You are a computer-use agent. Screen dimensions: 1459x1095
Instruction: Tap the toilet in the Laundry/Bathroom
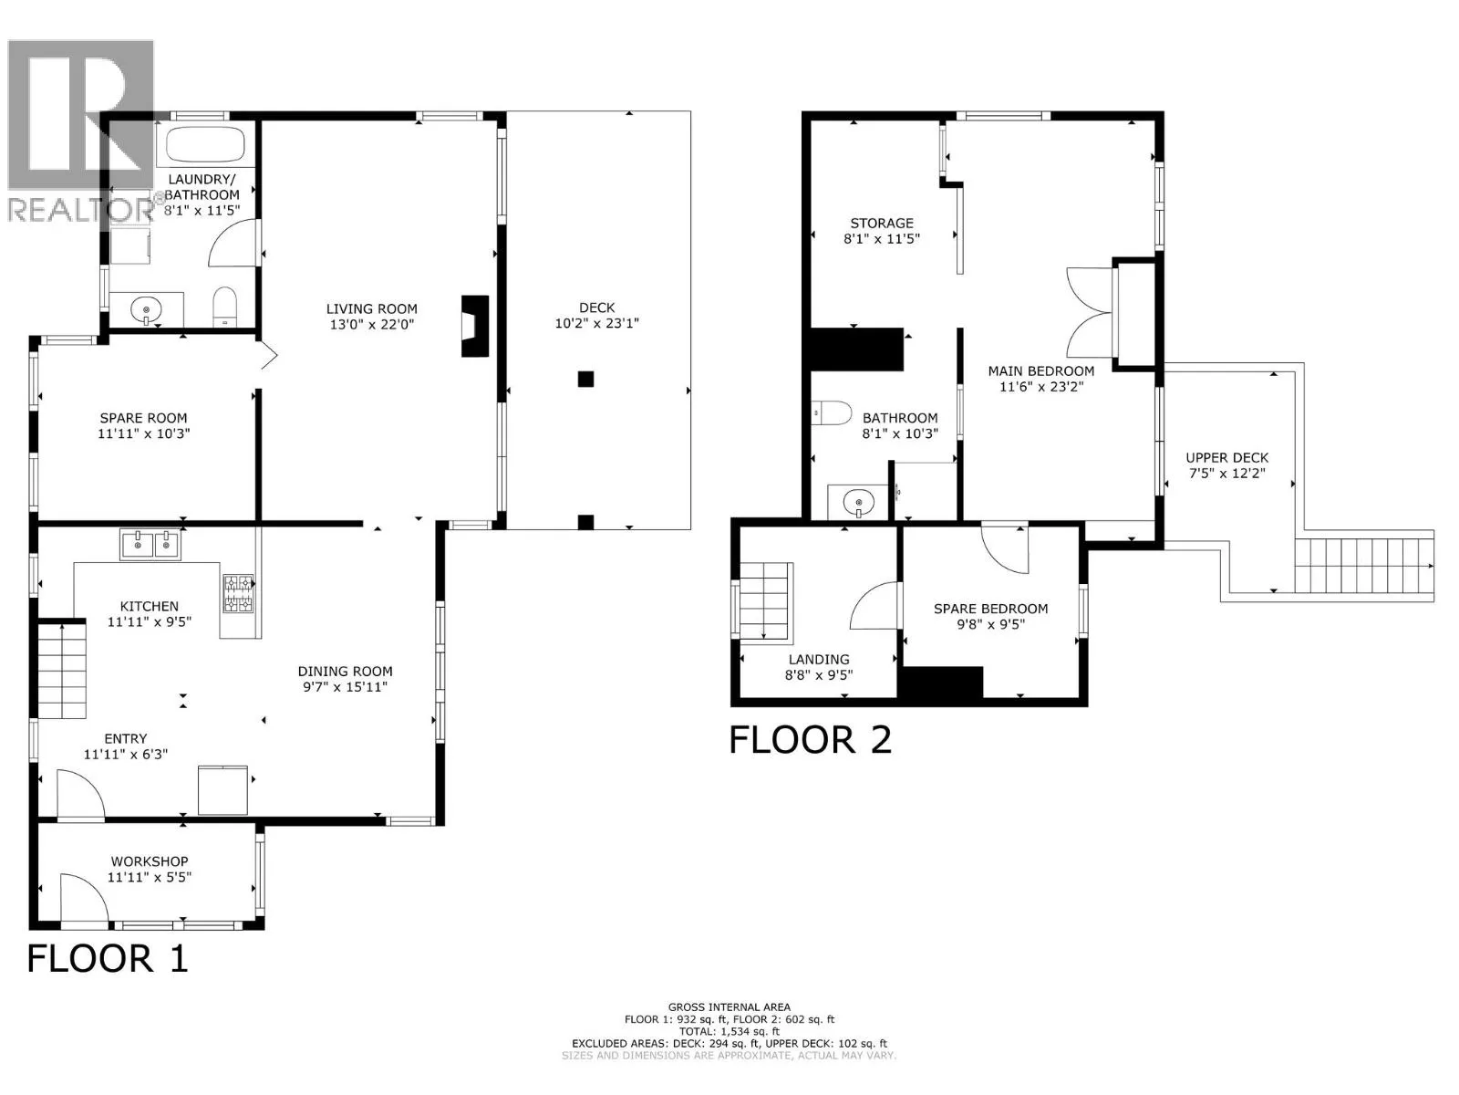(224, 307)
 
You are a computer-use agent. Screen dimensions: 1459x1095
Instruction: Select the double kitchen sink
(150, 545)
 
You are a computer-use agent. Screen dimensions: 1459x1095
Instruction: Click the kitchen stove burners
(239, 593)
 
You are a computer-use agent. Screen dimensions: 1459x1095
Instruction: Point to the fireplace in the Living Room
(475, 327)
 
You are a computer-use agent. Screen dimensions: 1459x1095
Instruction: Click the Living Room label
(371, 308)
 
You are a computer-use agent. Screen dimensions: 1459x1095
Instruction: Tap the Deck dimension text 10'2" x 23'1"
(597, 324)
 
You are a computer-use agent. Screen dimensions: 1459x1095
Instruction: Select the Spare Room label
(143, 418)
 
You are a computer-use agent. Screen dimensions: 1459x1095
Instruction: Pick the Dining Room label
(345, 672)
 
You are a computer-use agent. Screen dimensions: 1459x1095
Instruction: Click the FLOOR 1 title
(108, 959)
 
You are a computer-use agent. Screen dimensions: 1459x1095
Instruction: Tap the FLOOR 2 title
(811, 739)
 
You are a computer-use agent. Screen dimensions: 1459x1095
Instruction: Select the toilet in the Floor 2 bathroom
(832, 412)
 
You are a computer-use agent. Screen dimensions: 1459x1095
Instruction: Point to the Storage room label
(882, 224)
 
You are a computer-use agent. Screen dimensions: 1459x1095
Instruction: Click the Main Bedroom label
(1041, 371)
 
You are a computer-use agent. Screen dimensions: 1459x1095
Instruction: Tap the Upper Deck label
(1227, 458)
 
